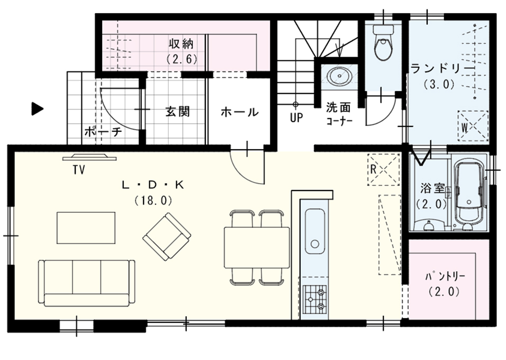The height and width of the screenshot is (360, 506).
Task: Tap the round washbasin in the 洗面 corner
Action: coord(339,76)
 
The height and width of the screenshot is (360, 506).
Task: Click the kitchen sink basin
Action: coord(314,231)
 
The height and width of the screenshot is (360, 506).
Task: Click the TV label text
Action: coord(79,169)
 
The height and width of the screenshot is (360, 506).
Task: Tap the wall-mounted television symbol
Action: coord(89,157)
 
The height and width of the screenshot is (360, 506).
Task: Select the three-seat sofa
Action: coord(86,283)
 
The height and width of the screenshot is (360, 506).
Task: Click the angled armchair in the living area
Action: coord(167,236)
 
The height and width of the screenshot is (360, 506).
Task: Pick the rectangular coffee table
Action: coord(86,228)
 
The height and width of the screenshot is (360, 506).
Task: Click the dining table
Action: coord(257,247)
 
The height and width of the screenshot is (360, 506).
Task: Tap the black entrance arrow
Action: coord(37,109)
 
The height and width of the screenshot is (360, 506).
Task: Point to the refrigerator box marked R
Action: coord(383,169)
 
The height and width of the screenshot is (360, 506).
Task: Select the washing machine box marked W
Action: coord(473,126)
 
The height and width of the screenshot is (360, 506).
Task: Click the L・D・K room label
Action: coord(153,185)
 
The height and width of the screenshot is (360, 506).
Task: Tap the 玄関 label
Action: coord(177,111)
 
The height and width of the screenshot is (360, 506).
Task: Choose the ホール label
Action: coord(239,112)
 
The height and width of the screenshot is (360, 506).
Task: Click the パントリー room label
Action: coord(445,277)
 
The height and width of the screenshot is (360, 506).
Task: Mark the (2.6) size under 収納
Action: coord(182,59)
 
